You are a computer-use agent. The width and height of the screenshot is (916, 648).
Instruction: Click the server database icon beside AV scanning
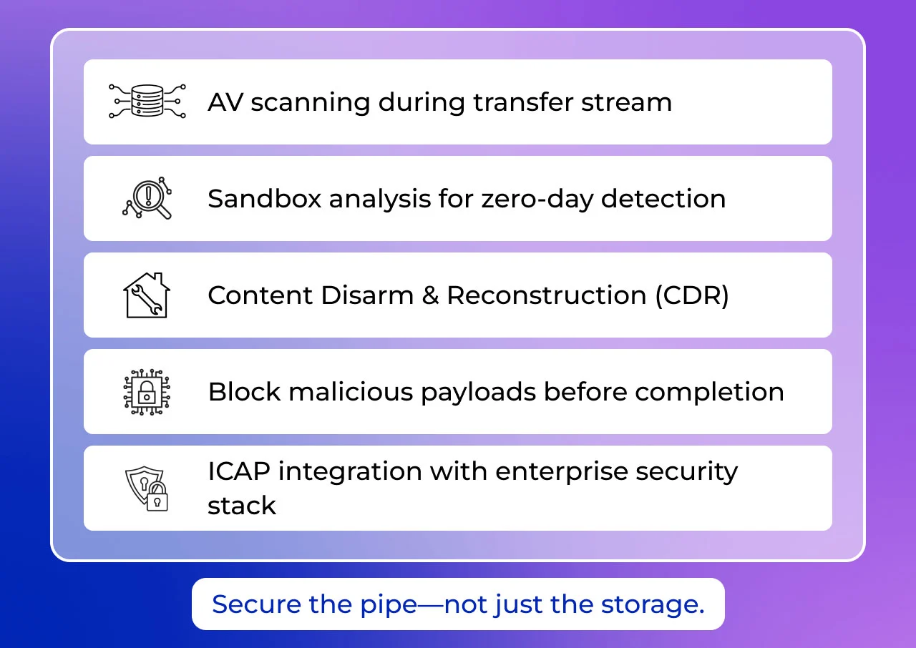point(147,101)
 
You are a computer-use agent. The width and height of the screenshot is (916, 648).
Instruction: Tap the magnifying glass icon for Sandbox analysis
point(147,198)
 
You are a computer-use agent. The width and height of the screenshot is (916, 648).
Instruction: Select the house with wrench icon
point(146,295)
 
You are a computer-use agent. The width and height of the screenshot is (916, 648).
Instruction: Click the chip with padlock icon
point(146,391)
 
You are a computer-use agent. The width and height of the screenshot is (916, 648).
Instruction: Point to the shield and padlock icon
point(146,489)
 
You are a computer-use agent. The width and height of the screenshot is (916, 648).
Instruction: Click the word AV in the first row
point(225,102)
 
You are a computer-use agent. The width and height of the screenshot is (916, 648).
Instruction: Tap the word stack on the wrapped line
point(242,506)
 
